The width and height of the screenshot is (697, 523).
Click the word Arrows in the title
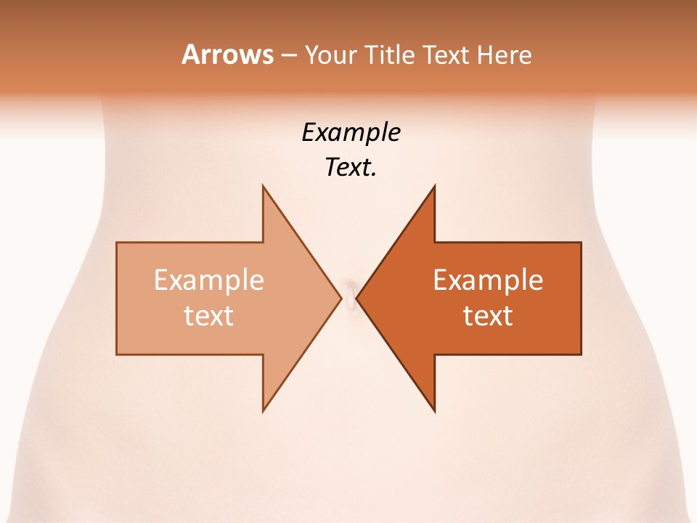click(227, 54)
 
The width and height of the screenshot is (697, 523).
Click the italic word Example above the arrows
click(351, 133)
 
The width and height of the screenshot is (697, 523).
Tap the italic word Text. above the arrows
click(351, 168)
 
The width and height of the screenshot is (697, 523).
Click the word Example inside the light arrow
click(209, 280)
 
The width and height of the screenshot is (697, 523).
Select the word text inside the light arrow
click(209, 315)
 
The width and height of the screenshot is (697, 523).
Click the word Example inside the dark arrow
click(488, 280)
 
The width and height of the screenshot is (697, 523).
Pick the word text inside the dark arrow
click(488, 315)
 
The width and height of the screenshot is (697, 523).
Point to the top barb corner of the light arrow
click(264, 187)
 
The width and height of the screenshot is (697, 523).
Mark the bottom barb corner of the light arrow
click(264, 410)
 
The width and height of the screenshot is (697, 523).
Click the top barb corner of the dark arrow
click(434, 187)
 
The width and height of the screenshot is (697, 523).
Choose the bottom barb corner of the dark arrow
click(434, 410)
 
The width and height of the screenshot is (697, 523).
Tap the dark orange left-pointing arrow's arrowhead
click(407, 299)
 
